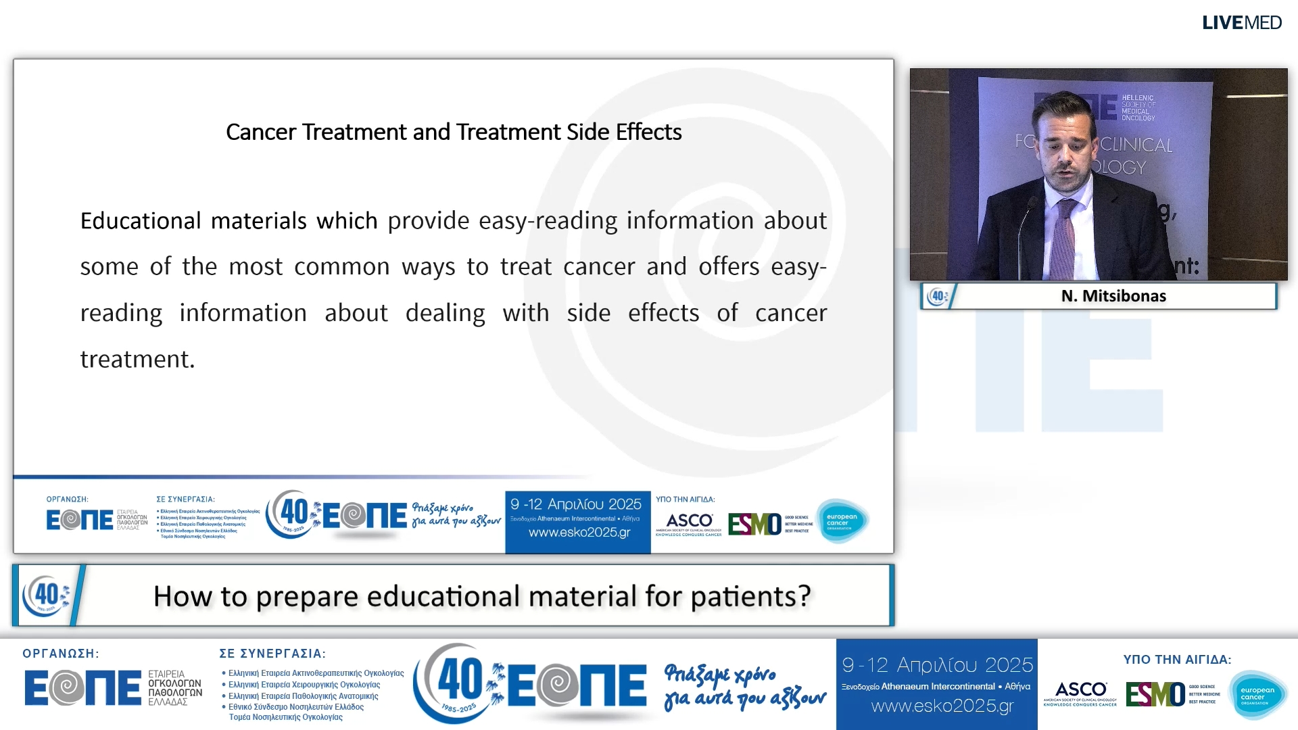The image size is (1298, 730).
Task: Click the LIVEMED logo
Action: click(1241, 22)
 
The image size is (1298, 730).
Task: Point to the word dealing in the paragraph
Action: click(445, 313)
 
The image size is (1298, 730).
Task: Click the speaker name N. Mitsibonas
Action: click(1113, 296)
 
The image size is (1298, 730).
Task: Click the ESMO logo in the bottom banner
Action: click(1155, 694)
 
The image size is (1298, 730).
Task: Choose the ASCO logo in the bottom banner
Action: click(1080, 692)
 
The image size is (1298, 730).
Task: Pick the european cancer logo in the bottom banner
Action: click(1257, 695)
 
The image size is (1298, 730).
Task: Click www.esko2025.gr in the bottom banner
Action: click(942, 706)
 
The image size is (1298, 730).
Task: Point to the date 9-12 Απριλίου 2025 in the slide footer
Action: click(576, 504)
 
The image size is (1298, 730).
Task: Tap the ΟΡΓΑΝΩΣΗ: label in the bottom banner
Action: click(61, 654)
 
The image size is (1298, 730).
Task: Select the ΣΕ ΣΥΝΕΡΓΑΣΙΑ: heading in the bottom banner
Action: click(272, 654)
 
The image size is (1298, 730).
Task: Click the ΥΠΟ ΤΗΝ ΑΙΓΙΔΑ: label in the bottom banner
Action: click(1177, 660)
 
